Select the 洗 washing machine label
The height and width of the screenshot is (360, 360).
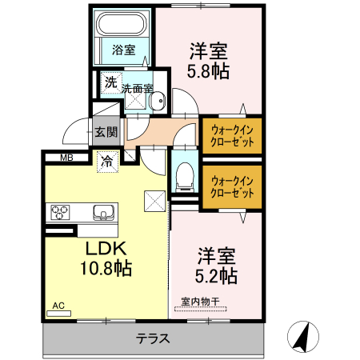pyautogui.click(x=110, y=82)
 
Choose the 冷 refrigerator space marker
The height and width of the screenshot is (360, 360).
pyautogui.click(x=106, y=160)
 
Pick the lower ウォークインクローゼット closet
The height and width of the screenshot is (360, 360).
pyautogui.click(x=232, y=187)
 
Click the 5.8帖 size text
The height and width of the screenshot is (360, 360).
pyautogui.click(x=209, y=71)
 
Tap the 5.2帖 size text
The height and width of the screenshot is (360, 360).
pyautogui.click(x=217, y=276)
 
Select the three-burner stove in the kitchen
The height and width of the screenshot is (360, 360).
pyautogui.click(x=62, y=212)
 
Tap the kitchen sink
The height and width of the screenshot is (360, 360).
pyautogui.click(x=104, y=212)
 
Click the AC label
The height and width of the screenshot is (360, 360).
pyautogui.click(x=58, y=305)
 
